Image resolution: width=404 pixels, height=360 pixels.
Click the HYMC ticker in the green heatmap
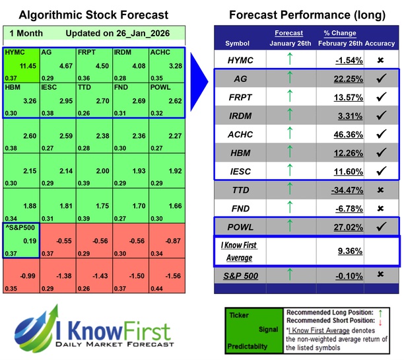(15, 52)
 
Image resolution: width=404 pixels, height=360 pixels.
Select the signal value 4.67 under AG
(63, 65)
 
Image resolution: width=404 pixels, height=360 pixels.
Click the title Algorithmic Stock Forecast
(94, 15)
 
